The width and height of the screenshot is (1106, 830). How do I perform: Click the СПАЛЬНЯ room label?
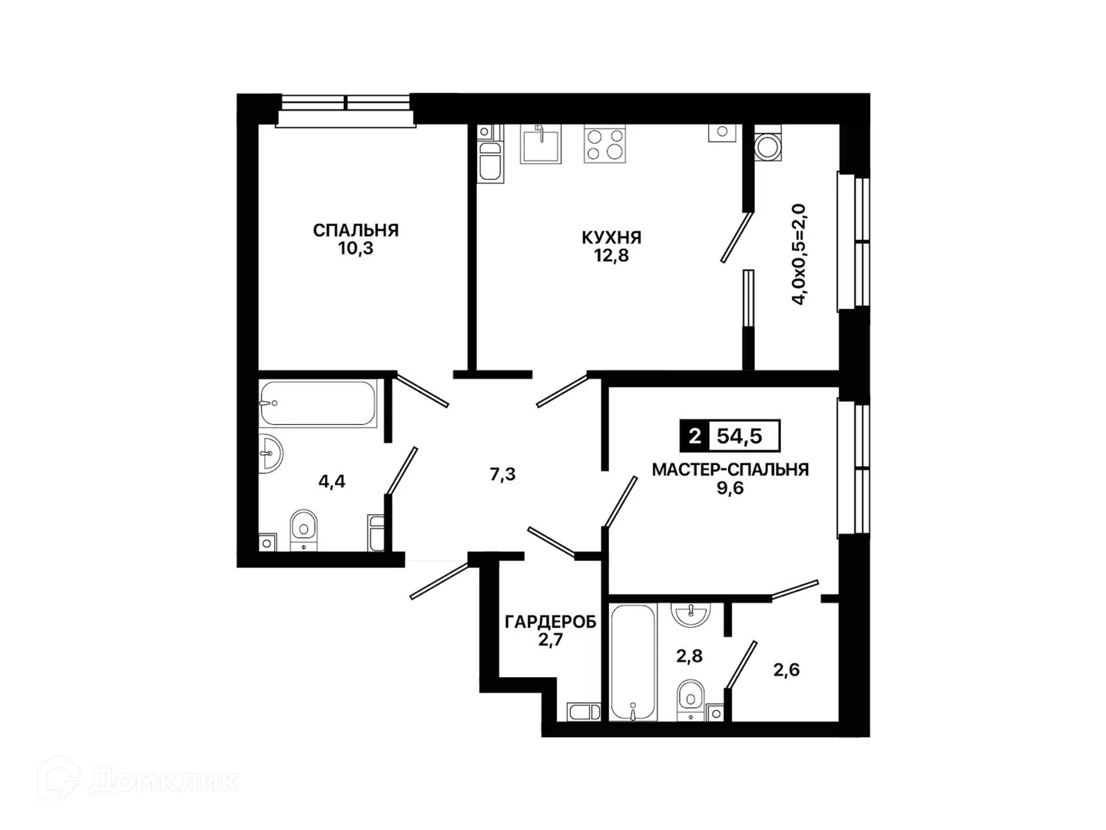click(356, 231)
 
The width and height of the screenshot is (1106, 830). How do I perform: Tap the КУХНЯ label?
click(611, 237)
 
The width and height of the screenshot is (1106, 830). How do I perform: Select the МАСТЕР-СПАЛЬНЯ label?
click(730, 470)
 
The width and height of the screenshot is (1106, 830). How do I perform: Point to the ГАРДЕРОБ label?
click(551, 622)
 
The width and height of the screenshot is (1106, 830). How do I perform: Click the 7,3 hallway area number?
click(503, 474)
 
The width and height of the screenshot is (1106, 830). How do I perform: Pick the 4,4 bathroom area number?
click(332, 482)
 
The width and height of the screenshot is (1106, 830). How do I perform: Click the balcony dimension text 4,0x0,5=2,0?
click(799, 254)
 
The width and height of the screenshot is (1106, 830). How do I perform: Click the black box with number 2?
click(694, 436)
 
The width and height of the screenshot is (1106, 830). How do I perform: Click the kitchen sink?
click(541, 144)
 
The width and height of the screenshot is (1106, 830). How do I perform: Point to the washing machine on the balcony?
click(767, 143)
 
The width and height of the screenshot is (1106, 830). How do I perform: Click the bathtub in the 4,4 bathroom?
click(319, 403)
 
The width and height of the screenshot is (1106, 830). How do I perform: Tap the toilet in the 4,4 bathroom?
click(304, 530)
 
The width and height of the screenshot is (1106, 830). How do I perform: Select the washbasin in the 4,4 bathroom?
click(270, 453)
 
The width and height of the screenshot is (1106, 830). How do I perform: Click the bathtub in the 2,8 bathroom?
click(632, 662)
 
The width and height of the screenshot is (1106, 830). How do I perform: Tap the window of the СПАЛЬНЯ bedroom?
click(345, 110)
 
